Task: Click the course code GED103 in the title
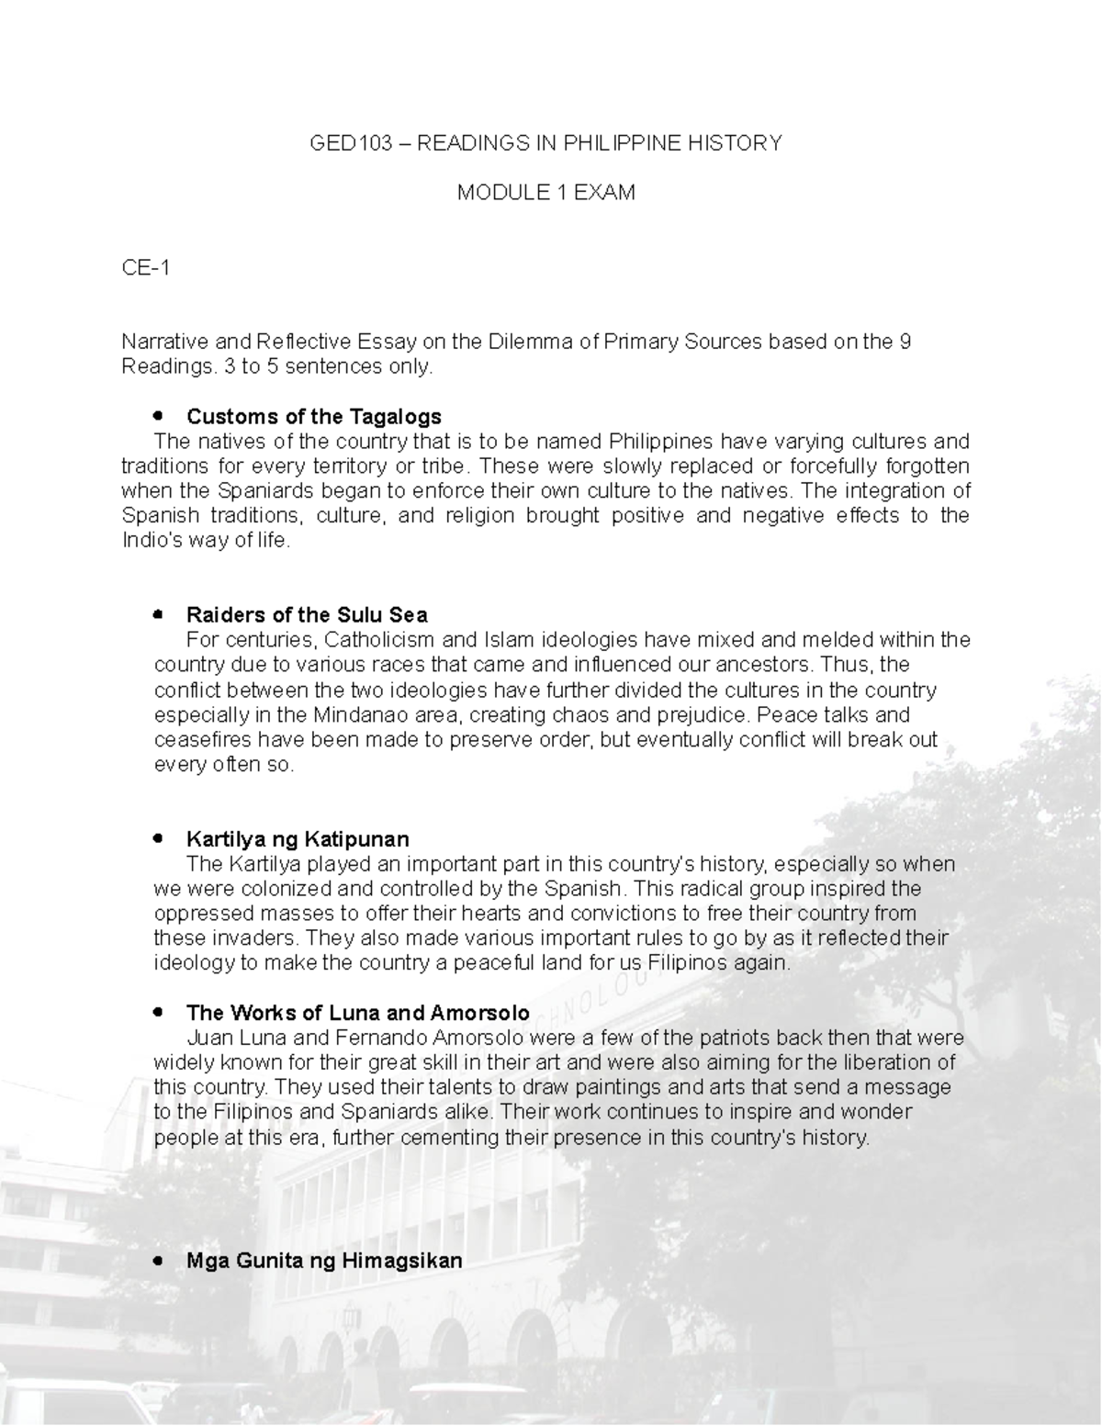tap(352, 143)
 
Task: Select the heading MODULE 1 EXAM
tap(546, 193)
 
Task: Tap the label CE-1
tap(145, 268)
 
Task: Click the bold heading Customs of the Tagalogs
tap(314, 417)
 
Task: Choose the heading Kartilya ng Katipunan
tap(298, 839)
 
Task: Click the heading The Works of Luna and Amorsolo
tap(357, 1013)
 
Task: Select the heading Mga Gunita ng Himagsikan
tap(324, 1261)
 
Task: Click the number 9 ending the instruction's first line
tap(905, 342)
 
